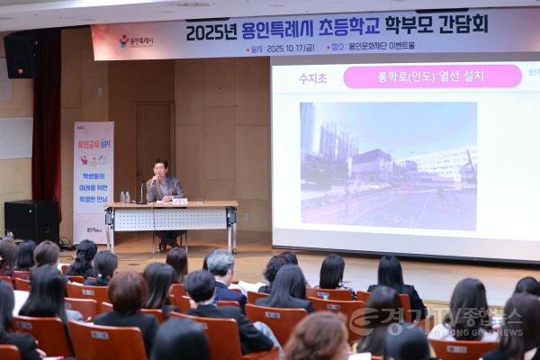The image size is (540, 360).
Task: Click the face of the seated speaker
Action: (x=160, y=169)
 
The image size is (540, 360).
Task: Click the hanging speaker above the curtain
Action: (x=19, y=54)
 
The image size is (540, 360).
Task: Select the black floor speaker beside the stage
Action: (x=31, y=220)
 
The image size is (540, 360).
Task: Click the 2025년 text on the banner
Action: (x=211, y=31)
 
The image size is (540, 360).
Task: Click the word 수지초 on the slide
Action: (x=312, y=78)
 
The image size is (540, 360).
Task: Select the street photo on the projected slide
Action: (x=388, y=166)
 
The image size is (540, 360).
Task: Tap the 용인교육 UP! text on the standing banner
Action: (x=94, y=143)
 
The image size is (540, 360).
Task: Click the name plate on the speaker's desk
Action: (x=179, y=202)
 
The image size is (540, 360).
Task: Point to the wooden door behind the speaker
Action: (x=154, y=144)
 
